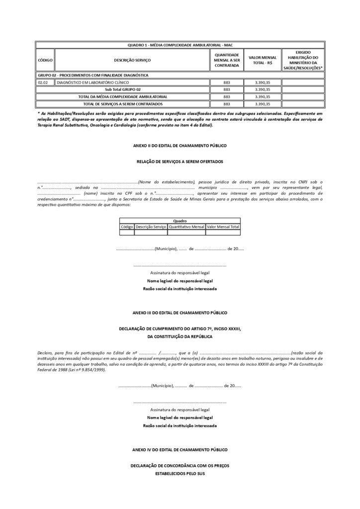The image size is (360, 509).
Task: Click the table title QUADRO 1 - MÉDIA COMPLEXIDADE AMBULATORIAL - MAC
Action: [x=180, y=44]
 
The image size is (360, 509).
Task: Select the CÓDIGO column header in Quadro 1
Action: [x=45, y=60]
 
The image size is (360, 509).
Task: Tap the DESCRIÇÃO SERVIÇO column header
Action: [x=132, y=60]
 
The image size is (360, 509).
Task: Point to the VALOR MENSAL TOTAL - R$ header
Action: [x=263, y=60]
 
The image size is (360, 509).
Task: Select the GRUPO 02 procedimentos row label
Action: [x=92, y=75]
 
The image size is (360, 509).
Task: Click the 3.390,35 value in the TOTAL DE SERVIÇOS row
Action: [x=262, y=104]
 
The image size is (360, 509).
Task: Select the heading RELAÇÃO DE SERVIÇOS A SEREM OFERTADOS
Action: [x=180, y=162]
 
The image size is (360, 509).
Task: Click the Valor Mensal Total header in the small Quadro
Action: [x=223, y=227]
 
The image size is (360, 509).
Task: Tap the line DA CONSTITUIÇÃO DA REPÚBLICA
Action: [x=180, y=337]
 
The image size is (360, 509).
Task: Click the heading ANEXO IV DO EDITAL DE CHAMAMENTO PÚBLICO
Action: [x=180, y=450]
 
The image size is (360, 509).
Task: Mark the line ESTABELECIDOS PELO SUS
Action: [x=180, y=473]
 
